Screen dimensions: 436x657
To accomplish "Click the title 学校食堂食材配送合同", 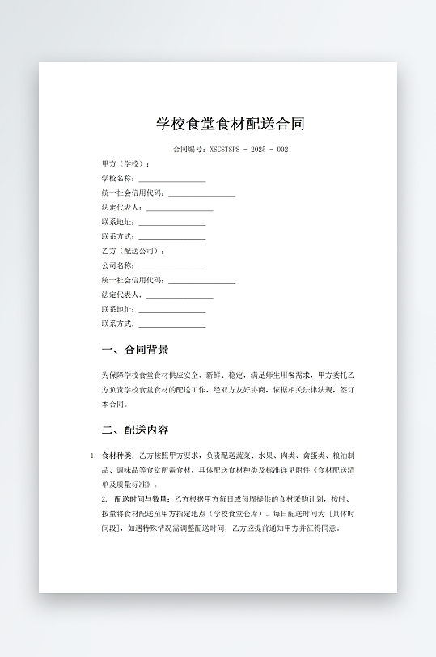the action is (231, 124).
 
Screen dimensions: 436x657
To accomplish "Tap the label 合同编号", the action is (189, 150).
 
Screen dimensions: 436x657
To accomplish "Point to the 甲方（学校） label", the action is (125, 164).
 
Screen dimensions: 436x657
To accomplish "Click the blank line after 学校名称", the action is (171, 179).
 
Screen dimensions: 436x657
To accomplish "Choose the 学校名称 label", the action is (118, 179).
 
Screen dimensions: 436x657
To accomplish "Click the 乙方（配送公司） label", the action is (132, 252).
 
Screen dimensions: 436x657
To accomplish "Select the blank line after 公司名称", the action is (171, 266).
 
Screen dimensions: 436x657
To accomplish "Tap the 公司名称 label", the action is (118, 266).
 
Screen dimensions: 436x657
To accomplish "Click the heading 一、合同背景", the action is (135, 350).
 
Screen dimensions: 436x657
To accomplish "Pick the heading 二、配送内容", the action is (135, 430).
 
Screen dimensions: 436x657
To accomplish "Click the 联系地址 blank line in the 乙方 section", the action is (171, 310).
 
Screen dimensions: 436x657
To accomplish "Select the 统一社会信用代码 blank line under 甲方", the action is (201, 193).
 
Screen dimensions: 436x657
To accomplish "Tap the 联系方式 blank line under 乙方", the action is (171, 324).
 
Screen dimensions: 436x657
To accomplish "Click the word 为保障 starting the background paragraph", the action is (112, 376).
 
